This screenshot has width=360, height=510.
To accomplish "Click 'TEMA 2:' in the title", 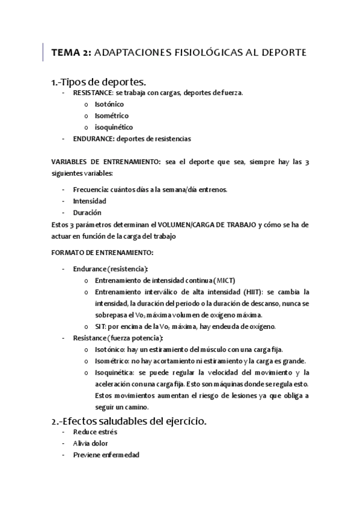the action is [71, 53].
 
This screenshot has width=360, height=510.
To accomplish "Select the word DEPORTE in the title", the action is [284, 53].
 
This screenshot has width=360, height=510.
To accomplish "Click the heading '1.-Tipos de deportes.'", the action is [99, 82].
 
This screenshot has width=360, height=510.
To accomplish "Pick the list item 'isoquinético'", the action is [114, 127].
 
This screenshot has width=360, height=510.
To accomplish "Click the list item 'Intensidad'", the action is [90, 201].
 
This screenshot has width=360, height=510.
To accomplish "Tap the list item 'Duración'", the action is [87, 212].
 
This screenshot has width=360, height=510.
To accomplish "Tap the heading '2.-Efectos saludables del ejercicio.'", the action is [129, 422].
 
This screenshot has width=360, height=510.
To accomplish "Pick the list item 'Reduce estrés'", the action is [95, 432].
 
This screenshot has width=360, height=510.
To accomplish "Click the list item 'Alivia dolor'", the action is [91, 444].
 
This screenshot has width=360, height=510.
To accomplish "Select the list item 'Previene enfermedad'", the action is [106, 455].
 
